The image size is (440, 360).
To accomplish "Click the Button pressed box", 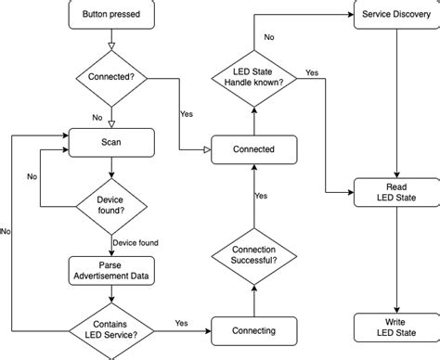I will (x=111, y=15).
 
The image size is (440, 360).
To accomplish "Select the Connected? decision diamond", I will (x=111, y=76).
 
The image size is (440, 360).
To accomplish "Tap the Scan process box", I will (x=111, y=142).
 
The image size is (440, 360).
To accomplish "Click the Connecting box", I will (x=254, y=331).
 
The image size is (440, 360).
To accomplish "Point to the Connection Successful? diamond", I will (x=254, y=254).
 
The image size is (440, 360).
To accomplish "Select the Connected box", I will (x=254, y=148).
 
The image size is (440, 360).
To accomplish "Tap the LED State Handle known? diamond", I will (x=254, y=77).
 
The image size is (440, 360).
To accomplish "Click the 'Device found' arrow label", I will (x=135, y=243).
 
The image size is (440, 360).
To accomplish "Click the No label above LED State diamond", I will (x=269, y=37).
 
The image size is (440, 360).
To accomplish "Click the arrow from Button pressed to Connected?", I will (x=111, y=39).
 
